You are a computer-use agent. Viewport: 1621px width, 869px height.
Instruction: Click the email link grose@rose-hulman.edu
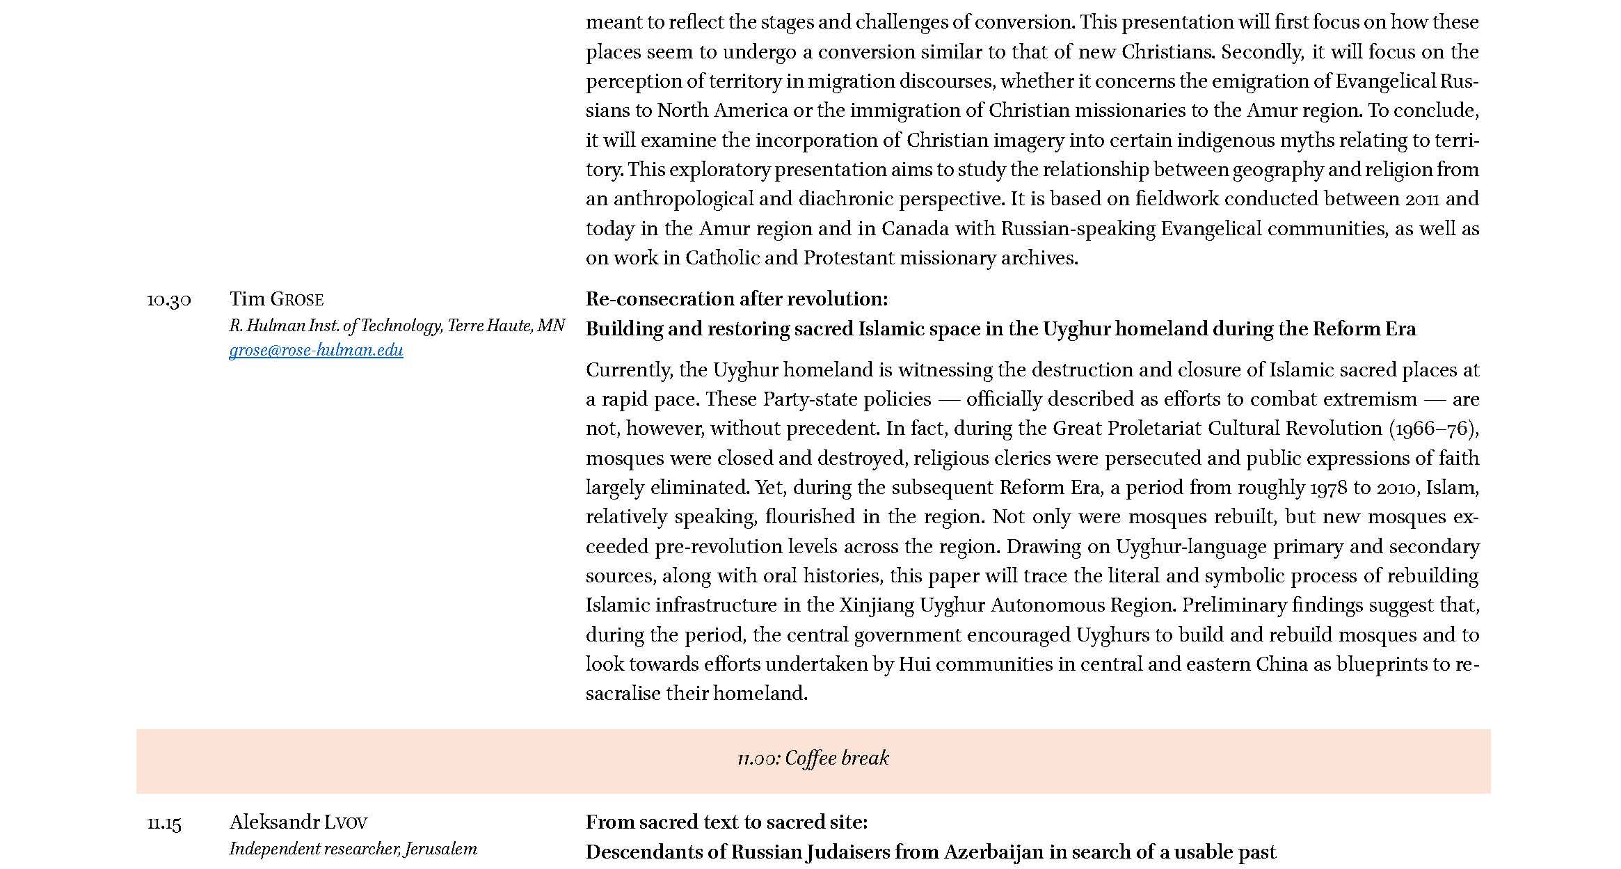coord(316,350)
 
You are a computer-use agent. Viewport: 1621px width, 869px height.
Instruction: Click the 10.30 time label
coord(168,300)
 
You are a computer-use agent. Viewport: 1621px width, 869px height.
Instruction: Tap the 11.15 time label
coord(164,823)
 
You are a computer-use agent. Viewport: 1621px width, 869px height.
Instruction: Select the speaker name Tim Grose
coord(276,299)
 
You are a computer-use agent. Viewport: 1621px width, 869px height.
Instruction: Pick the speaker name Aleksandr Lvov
coord(298,822)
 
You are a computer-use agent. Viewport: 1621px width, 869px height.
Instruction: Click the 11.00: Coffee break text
coord(813,758)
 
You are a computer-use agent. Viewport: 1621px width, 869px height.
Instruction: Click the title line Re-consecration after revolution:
coord(736,299)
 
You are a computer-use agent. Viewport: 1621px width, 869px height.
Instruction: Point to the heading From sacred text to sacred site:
coord(726,822)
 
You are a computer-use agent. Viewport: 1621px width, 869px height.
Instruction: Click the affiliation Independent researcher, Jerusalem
coord(353,849)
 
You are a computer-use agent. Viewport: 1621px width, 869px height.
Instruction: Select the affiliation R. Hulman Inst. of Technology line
coord(397,326)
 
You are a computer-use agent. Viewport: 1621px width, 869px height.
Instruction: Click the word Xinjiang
coord(877,605)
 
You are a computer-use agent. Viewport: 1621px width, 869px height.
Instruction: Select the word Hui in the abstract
coord(914,664)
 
